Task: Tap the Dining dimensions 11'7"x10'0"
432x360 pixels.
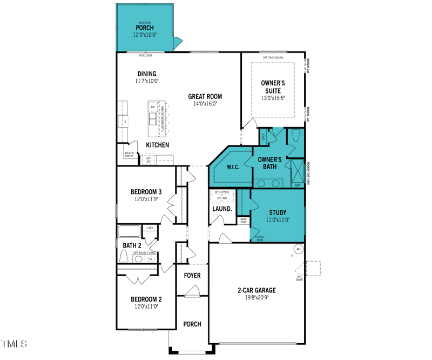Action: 146,81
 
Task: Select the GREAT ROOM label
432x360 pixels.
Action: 205,97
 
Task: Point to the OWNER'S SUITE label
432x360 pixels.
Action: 273,87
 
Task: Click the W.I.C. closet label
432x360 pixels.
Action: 233,166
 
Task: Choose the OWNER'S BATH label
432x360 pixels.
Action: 269,163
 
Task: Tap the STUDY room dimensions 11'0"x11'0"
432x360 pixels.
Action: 278,220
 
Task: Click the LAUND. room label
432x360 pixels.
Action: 222,209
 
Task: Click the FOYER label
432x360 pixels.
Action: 192,276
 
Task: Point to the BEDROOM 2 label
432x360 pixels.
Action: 146,299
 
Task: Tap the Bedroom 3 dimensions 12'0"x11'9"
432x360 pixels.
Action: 146,199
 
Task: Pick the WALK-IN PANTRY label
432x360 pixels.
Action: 129,155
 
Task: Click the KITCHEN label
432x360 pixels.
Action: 158,145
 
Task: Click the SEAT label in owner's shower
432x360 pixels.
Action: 298,185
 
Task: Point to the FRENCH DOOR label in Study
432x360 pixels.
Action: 260,239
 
